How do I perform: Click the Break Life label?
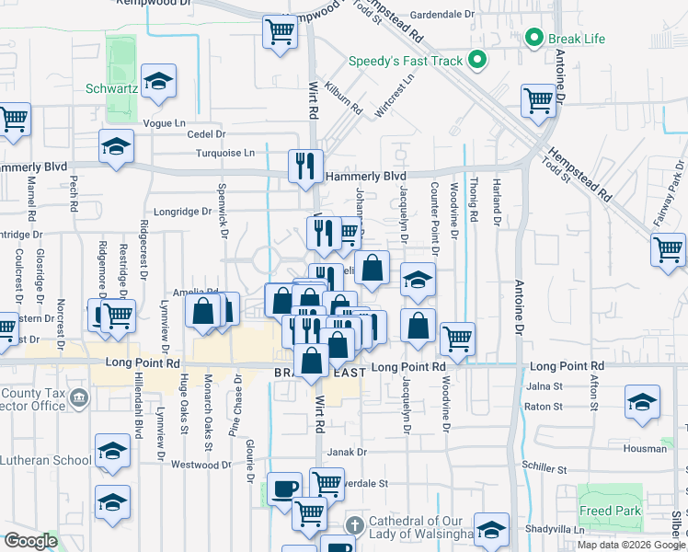pyautogui.click(x=577, y=39)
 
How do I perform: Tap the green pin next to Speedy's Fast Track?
pyautogui.click(x=476, y=63)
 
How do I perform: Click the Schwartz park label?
pyautogui.click(x=111, y=89)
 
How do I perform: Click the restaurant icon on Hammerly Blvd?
pyautogui.click(x=305, y=166)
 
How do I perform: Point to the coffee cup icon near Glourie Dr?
pyautogui.click(x=283, y=488)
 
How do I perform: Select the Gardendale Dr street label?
pyautogui.click(x=441, y=15)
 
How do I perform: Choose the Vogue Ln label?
pyautogui.click(x=165, y=122)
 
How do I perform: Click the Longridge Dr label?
pyautogui.click(x=182, y=211)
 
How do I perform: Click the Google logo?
pyautogui.click(x=31, y=541)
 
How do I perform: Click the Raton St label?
pyautogui.click(x=543, y=406)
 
